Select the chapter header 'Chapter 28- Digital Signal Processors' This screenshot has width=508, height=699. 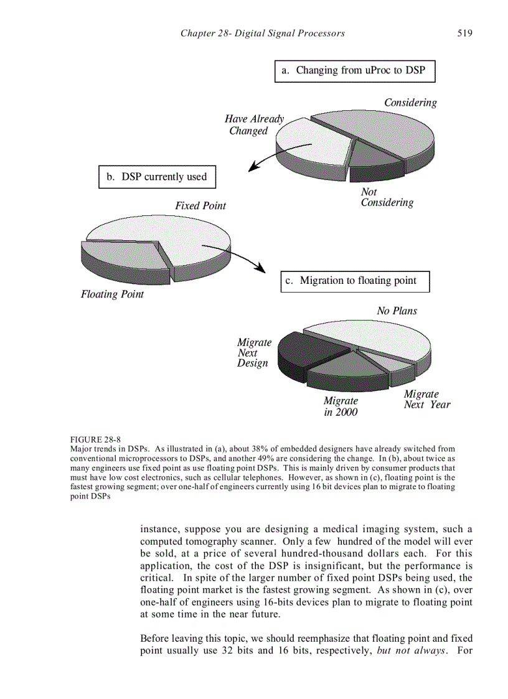[x=262, y=33]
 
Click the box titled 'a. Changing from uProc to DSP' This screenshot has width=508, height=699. [x=354, y=71]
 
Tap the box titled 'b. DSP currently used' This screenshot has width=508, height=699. [x=157, y=177]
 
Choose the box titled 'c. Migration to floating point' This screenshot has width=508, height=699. [x=355, y=281]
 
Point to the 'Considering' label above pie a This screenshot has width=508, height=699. [x=410, y=103]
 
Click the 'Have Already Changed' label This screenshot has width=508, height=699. [x=253, y=124]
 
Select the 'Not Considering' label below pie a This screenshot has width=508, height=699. [x=387, y=197]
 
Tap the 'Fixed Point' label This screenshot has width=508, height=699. [x=200, y=205]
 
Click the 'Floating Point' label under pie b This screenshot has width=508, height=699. [x=112, y=294]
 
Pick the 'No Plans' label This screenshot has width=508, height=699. [x=397, y=311]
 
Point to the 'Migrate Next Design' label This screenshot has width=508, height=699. [x=253, y=353]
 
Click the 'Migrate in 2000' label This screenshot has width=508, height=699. [x=341, y=406]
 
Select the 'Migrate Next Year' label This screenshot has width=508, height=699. [x=426, y=399]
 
